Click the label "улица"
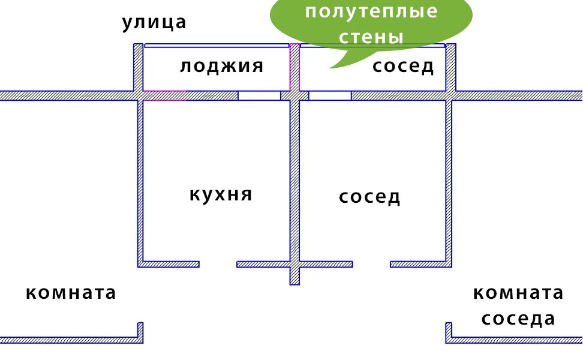154,23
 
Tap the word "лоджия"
221,66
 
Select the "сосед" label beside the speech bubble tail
403,66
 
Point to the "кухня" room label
221,194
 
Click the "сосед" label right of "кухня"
369,197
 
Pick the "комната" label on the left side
71,293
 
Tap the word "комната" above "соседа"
518,293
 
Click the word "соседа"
518,319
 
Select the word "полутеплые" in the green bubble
372,11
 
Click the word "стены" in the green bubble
371,37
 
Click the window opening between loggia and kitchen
259,95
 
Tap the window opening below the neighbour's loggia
330,95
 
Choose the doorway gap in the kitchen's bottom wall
218,264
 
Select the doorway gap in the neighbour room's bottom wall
371,264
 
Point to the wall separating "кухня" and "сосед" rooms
294,180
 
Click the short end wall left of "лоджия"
138,67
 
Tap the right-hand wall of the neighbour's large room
449,180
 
